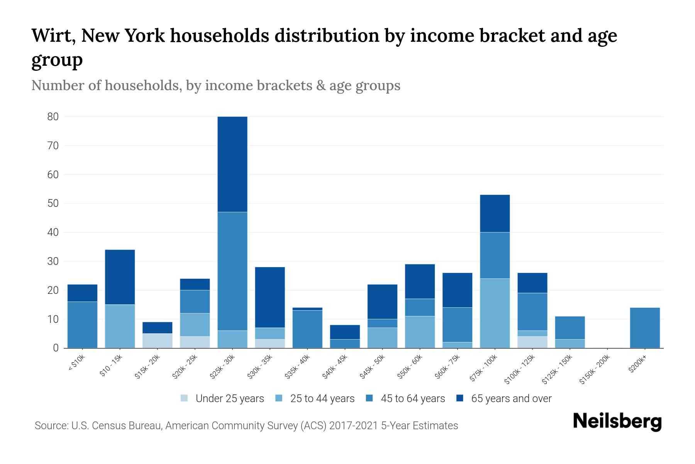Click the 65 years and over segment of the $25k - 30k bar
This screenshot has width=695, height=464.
(x=232, y=164)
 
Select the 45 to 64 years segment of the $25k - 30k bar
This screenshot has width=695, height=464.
(x=232, y=271)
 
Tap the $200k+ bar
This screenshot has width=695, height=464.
(x=645, y=328)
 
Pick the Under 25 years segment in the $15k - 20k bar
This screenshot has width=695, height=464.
(x=158, y=341)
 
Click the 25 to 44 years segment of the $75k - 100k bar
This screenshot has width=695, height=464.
(x=495, y=313)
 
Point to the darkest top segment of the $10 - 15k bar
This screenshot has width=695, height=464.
(x=120, y=277)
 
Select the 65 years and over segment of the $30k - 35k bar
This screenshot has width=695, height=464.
(x=270, y=297)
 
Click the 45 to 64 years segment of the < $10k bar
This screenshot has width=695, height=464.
(x=82, y=324)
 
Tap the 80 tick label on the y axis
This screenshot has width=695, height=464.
(x=53, y=117)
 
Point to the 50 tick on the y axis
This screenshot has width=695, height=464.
(x=53, y=203)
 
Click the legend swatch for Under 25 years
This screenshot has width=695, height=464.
(x=184, y=398)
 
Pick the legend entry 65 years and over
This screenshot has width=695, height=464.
(x=511, y=399)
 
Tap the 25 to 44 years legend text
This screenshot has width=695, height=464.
(x=322, y=399)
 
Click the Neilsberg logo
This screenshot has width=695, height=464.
(x=617, y=421)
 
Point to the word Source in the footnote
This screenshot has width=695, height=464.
(x=51, y=426)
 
